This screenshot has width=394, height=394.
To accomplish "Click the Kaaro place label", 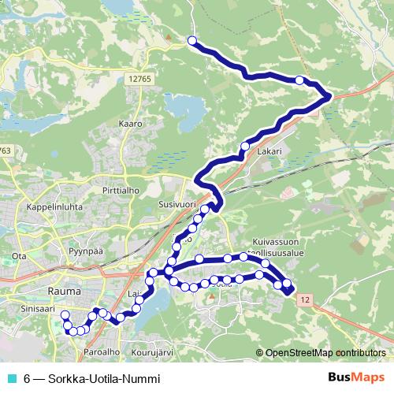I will pyautogui.click(x=130, y=124).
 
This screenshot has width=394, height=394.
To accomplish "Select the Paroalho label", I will pyautogui.click(x=100, y=351).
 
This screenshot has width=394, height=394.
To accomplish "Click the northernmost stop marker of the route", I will pyautogui.click(x=191, y=40).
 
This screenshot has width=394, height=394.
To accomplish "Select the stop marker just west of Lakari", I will pyautogui.click(x=244, y=147).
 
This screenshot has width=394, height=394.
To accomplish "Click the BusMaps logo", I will pyautogui.click(x=362, y=378).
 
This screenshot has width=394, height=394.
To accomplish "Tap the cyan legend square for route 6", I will pyautogui.click(x=9, y=378).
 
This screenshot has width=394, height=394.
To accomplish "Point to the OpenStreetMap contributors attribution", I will pyautogui.click(x=325, y=353).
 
